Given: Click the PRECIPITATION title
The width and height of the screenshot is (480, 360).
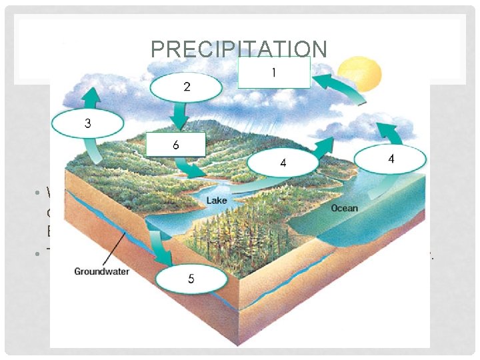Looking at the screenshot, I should pyautogui.click(x=239, y=49).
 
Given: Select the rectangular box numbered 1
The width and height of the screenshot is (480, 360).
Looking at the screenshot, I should pyautogui.click(x=274, y=73).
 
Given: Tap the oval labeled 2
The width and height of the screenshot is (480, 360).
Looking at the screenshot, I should pyautogui.click(x=186, y=87).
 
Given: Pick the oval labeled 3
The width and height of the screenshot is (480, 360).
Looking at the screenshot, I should pyautogui.click(x=87, y=124).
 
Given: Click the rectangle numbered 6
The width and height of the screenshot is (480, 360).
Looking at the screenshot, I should pyautogui.click(x=176, y=145).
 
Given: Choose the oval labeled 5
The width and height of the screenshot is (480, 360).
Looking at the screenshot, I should pyautogui.click(x=191, y=279).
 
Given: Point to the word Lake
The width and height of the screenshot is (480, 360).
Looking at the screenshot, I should pyautogui.click(x=217, y=200).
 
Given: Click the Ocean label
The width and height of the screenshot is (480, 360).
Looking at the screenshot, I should pyautogui.click(x=344, y=208).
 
